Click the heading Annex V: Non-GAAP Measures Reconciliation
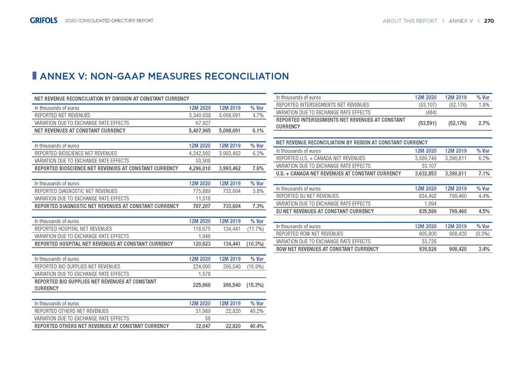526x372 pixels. (164, 77)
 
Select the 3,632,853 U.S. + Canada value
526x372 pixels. (423, 173)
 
